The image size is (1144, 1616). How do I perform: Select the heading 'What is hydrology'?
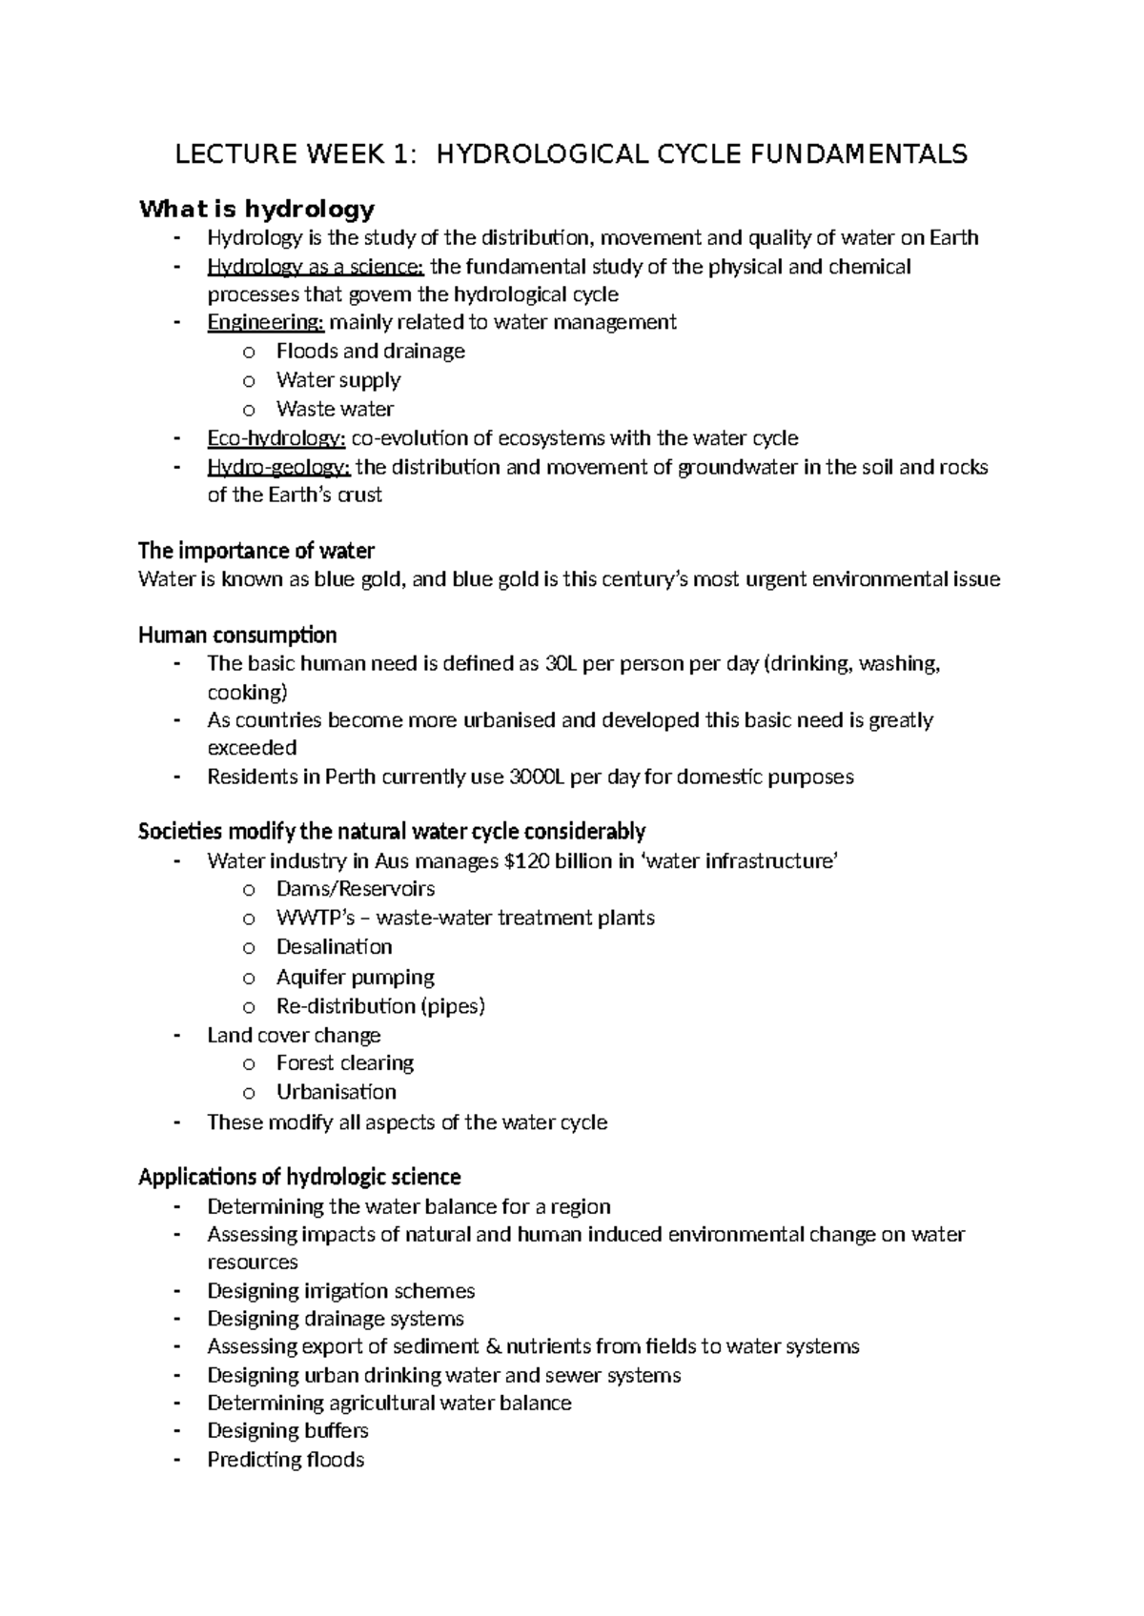[x=256, y=209]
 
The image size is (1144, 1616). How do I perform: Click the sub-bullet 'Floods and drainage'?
[x=370, y=351]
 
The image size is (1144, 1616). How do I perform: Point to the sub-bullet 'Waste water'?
[x=335, y=409]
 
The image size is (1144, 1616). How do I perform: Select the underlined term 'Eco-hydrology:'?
[x=276, y=438]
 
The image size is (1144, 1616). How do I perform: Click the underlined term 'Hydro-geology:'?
[x=278, y=467]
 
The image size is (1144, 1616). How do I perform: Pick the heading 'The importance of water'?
[x=256, y=551]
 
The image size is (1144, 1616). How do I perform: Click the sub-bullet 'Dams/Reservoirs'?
[x=355, y=889]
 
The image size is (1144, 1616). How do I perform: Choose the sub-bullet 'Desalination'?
[x=334, y=947]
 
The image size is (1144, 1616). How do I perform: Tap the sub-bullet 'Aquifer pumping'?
[x=355, y=977]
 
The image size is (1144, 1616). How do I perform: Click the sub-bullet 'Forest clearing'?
[x=344, y=1062]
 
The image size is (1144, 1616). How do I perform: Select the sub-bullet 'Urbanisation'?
[x=336, y=1092]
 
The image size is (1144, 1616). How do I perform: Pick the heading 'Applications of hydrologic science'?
[x=299, y=1177]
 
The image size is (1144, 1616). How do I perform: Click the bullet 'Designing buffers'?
[x=287, y=1430]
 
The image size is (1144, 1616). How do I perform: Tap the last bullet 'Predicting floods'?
[x=285, y=1460]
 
